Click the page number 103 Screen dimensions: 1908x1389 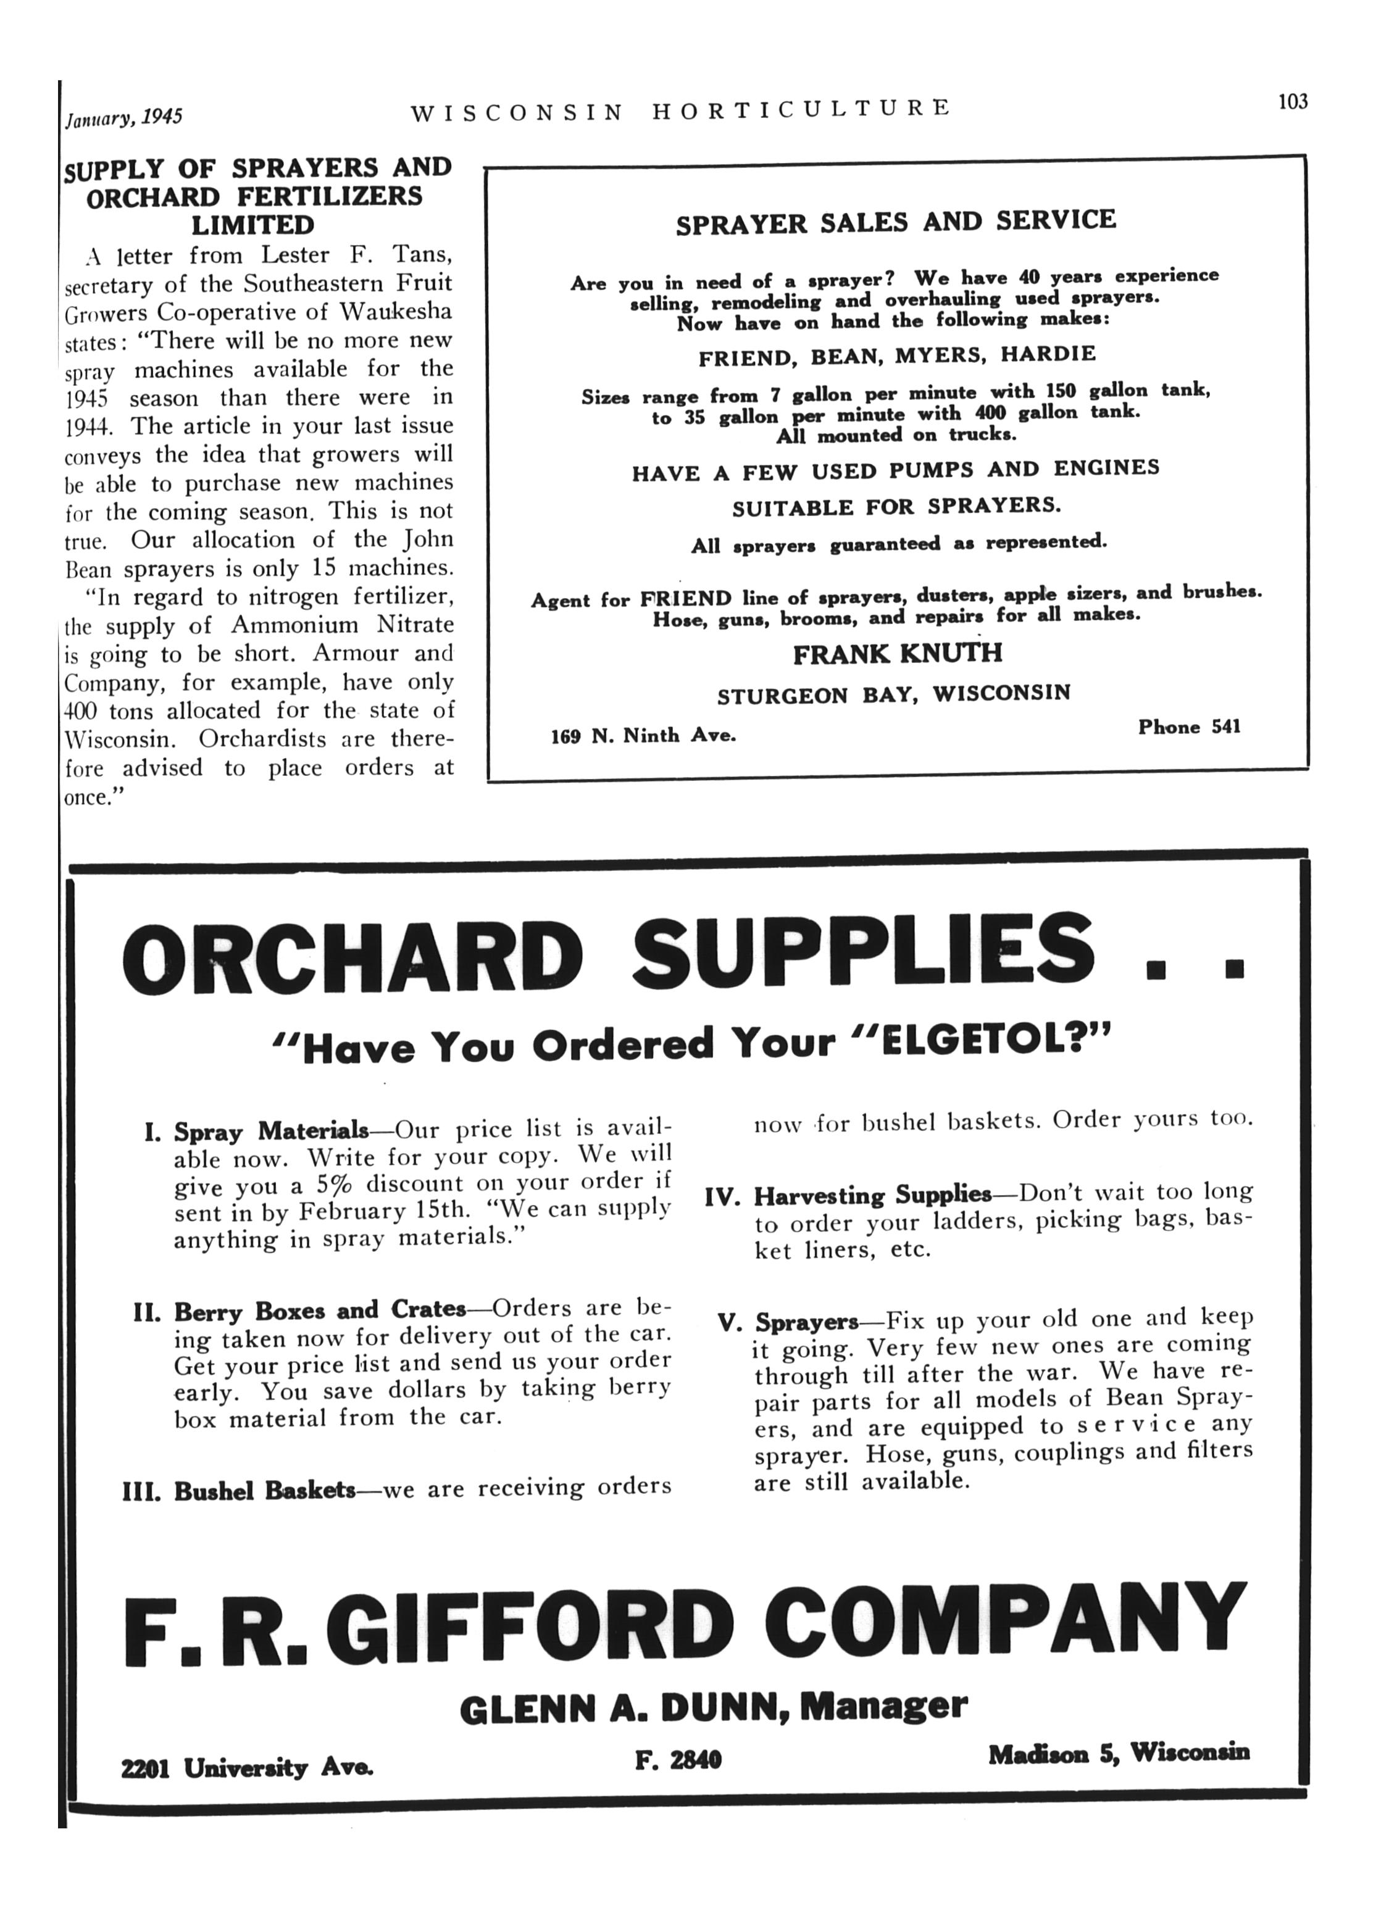(x=1292, y=102)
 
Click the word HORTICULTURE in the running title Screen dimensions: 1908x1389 (x=801, y=109)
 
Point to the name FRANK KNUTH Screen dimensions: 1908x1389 (x=898, y=654)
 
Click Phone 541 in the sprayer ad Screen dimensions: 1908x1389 (x=1189, y=727)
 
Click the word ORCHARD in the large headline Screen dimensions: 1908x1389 (x=352, y=955)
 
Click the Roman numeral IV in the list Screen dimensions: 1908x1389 (x=722, y=1197)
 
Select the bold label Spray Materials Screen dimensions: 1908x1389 (x=271, y=1131)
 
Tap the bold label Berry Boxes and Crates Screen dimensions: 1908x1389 (x=320, y=1310)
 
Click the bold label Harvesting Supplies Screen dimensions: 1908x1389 (x=872, y=1196)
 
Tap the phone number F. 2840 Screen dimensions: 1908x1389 (x=678, y=1759)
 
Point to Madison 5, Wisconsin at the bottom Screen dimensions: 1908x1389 (x=1118, y=1753)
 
